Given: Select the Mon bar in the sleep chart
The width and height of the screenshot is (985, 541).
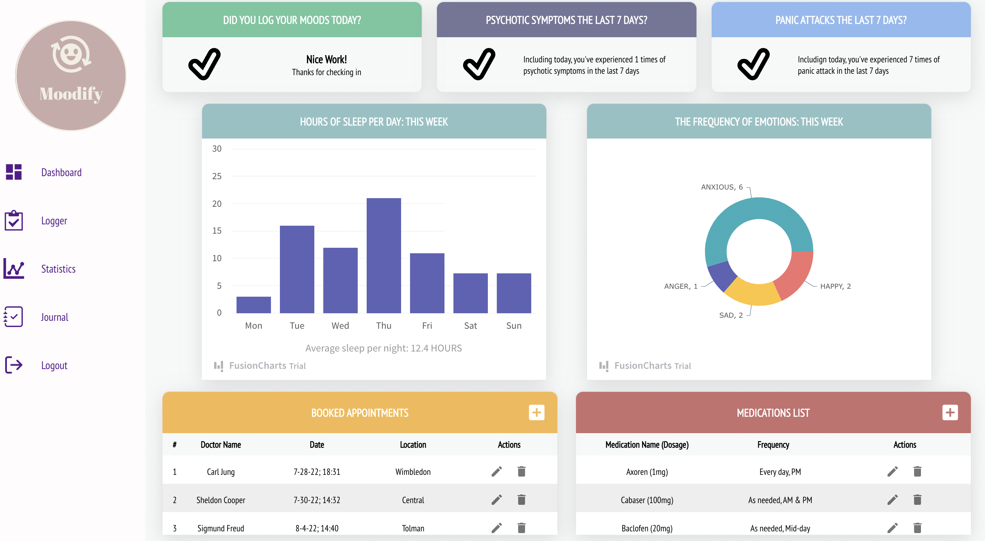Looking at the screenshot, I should [253, 305].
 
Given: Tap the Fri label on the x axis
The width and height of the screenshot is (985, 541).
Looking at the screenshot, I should [427, 326].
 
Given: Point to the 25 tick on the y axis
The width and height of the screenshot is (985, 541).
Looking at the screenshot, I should [217, 176].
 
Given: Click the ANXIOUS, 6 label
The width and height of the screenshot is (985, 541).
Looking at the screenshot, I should [722, 187].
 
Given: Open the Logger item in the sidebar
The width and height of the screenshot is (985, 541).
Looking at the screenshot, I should [54, 221].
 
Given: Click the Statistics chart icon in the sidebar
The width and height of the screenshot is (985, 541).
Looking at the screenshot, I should [14, 268].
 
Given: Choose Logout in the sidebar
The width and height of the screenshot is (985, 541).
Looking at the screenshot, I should [54, 365].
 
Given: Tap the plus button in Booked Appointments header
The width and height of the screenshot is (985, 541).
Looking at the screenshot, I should [536, 412].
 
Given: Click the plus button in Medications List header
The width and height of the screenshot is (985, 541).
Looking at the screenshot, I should [950, 412].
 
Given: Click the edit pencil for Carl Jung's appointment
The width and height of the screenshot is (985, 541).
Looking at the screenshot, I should [497, 471].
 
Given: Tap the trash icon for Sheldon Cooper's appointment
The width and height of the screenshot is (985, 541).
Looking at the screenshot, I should [521, 500].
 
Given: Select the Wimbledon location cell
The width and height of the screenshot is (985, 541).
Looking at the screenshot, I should [413, 472].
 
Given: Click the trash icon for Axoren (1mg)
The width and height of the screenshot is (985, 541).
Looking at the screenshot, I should [917, 471].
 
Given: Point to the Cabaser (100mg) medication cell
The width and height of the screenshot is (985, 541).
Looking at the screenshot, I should [647, 500].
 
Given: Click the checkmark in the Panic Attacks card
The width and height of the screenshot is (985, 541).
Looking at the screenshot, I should [753, 64].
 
